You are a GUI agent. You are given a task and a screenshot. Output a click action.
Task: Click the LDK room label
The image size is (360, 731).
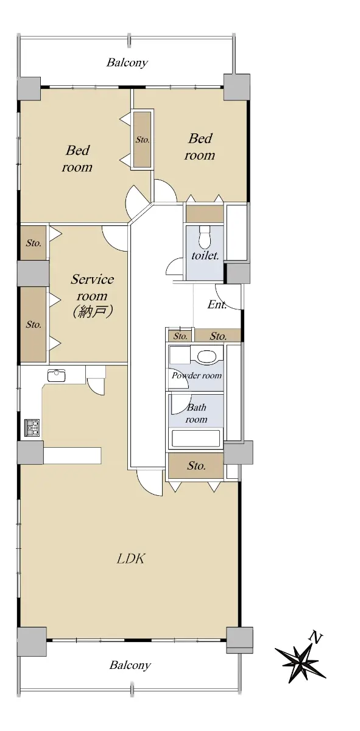(130, 559)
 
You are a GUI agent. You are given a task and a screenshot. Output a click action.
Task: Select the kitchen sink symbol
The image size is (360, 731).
(57, 375)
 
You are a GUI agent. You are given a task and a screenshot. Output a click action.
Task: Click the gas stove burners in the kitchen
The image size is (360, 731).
(32, 428)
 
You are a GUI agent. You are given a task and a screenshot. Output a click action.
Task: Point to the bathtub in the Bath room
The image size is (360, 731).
(196, 439)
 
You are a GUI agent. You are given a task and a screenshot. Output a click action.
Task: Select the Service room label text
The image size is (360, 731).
(93, 288)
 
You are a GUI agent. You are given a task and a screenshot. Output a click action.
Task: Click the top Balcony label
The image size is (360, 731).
(127, 62)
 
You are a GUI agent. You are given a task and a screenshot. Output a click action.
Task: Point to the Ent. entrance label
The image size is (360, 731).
(217, 305)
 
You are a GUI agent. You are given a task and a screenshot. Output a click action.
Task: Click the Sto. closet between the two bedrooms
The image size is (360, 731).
(143, 139)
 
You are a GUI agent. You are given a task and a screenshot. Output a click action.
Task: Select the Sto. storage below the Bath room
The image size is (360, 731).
(196, 465)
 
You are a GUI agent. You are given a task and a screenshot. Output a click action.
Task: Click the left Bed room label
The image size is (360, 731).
(77, 159)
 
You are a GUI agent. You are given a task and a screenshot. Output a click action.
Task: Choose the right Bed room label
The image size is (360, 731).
(200, 147)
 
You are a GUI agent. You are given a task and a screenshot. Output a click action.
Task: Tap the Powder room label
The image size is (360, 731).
(197, 376)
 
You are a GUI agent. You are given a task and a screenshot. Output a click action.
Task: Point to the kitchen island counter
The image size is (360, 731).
(72, 455)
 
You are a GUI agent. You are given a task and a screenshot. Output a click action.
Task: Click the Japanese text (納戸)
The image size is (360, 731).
(93, 312)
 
